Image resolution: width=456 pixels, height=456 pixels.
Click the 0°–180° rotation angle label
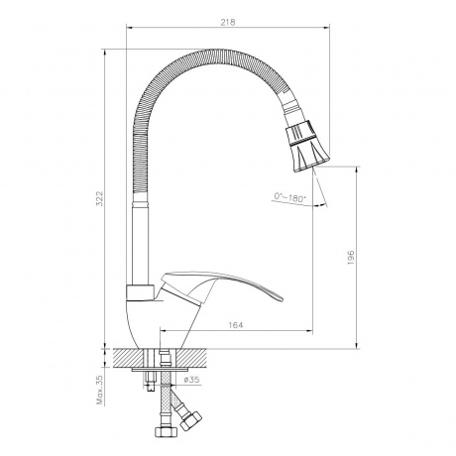coord(290,199)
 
